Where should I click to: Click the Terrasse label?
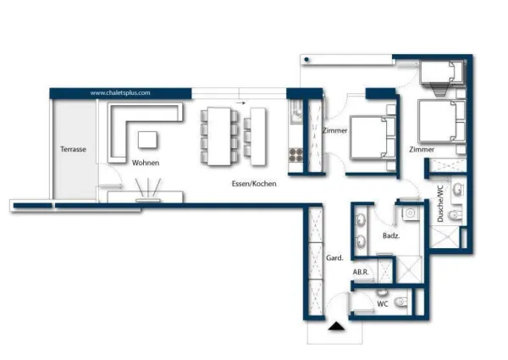(73, 149)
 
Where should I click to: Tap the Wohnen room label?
(146, 163)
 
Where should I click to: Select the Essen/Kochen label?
(254, 184)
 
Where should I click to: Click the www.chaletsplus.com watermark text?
(120, 93)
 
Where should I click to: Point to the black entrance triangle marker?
(336, 326)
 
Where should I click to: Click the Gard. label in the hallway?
(334, 258)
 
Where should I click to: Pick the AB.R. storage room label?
(361, 272)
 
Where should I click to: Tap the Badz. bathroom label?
(391, 235)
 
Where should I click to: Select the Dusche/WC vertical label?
(440, 203)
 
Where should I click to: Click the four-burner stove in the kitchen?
(295, 155)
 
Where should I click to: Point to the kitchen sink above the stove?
(296, 112)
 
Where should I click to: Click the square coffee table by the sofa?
(147, 140)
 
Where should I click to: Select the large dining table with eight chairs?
(219, 136)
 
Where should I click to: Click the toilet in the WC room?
(401, 302)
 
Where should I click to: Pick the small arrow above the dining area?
(241, 103)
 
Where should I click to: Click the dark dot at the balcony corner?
(306, 59)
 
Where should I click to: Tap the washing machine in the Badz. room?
(410, 213)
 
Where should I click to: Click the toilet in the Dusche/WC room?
(455, 214)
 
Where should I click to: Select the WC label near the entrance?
(383, 304)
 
